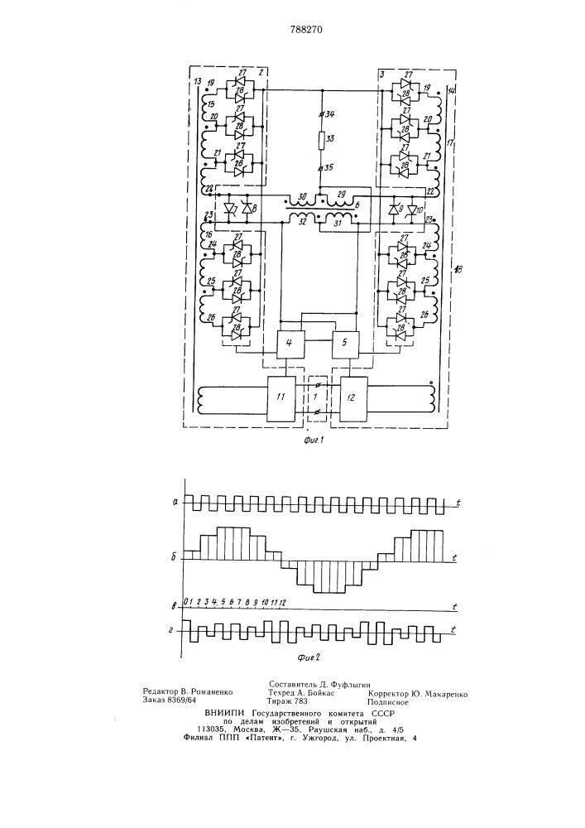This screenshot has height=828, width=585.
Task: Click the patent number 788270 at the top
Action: coord(306,30)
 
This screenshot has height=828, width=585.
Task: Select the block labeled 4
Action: coord(289,344)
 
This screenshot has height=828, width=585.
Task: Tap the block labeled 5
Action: coord(344,344)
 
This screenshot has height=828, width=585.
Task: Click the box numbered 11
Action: coord(281,399)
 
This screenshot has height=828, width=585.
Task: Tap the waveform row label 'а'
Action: coord(175,503)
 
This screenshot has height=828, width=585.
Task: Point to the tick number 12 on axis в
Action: coord(282,603)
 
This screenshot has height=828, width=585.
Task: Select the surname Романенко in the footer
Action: coord(212,691)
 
